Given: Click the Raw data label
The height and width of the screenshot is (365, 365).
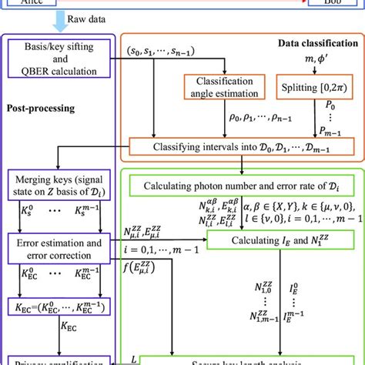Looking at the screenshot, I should [x=75, y=15].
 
